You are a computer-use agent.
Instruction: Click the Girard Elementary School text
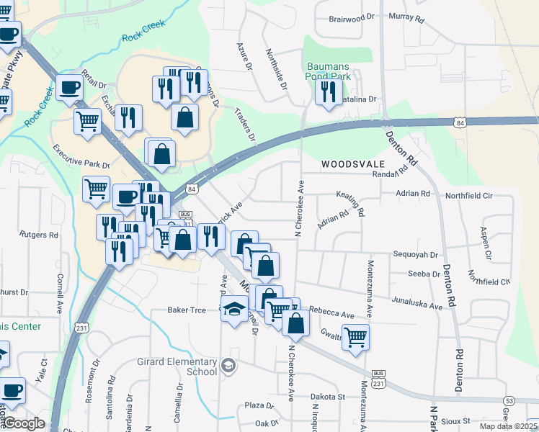pos(177,366)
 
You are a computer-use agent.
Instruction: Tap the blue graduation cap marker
pos(233,310)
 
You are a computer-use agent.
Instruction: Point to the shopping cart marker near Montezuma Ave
pos(355,336)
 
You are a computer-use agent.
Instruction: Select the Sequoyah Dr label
pos(416,254)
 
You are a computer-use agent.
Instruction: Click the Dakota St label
pos(328,397)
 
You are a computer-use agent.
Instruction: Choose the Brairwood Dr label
pos(353,19)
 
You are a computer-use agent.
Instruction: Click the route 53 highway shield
pos(509,400)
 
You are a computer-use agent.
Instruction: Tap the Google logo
pos(24,424)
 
